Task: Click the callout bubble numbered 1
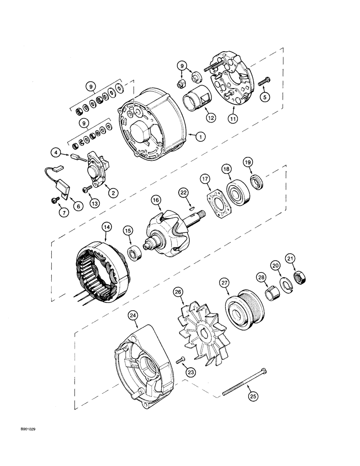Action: [200, 137]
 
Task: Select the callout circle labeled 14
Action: [107, 227]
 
